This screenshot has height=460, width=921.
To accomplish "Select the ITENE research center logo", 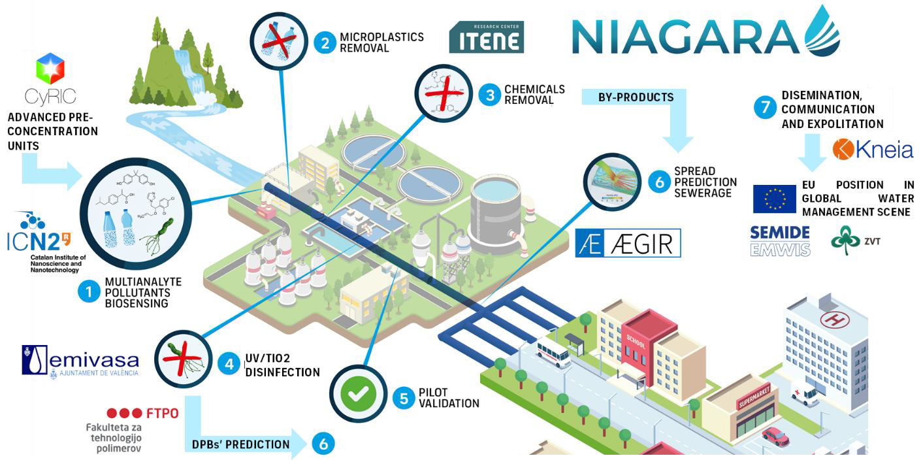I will click(486, 37).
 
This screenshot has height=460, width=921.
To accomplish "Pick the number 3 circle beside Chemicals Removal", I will click(489, 95).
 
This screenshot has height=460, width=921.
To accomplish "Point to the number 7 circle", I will click(765, 107).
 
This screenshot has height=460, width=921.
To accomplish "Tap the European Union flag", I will click(774, 199).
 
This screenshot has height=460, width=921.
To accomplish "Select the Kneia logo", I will click(873, 150).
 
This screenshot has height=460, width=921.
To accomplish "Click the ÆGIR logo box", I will click(628, 243).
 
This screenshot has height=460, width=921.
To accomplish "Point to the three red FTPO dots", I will click(123, 413).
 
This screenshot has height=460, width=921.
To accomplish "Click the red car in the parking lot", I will click(775, 435).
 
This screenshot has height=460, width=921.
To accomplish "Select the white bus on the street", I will click(553, 353).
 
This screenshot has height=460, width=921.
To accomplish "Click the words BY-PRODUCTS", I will click(626, 97).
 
